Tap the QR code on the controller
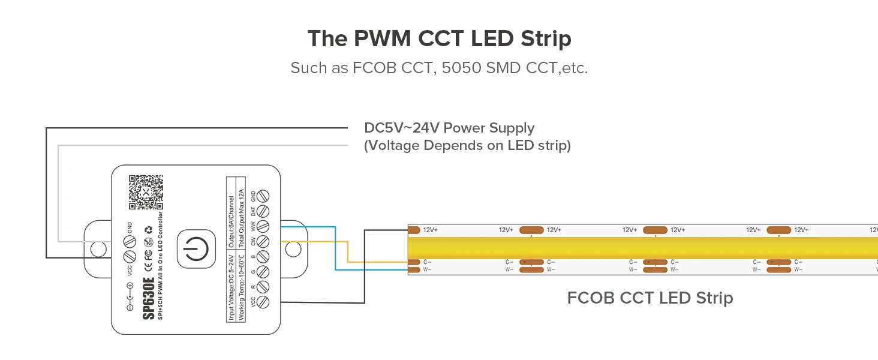coord(146,192)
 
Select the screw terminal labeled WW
coord(262,227)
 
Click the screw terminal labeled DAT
coord(262,211)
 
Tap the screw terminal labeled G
coord(262,272)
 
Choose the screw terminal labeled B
coord(262,257)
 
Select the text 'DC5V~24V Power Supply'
coord(449,128)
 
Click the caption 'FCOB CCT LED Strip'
coord(650,298)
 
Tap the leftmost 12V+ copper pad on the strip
coord(414,230)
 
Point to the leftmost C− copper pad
coord(414,262)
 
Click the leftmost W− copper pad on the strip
coord(414,270)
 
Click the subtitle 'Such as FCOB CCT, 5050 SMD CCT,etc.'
coord(439,68)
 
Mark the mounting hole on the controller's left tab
coord(95,248)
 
